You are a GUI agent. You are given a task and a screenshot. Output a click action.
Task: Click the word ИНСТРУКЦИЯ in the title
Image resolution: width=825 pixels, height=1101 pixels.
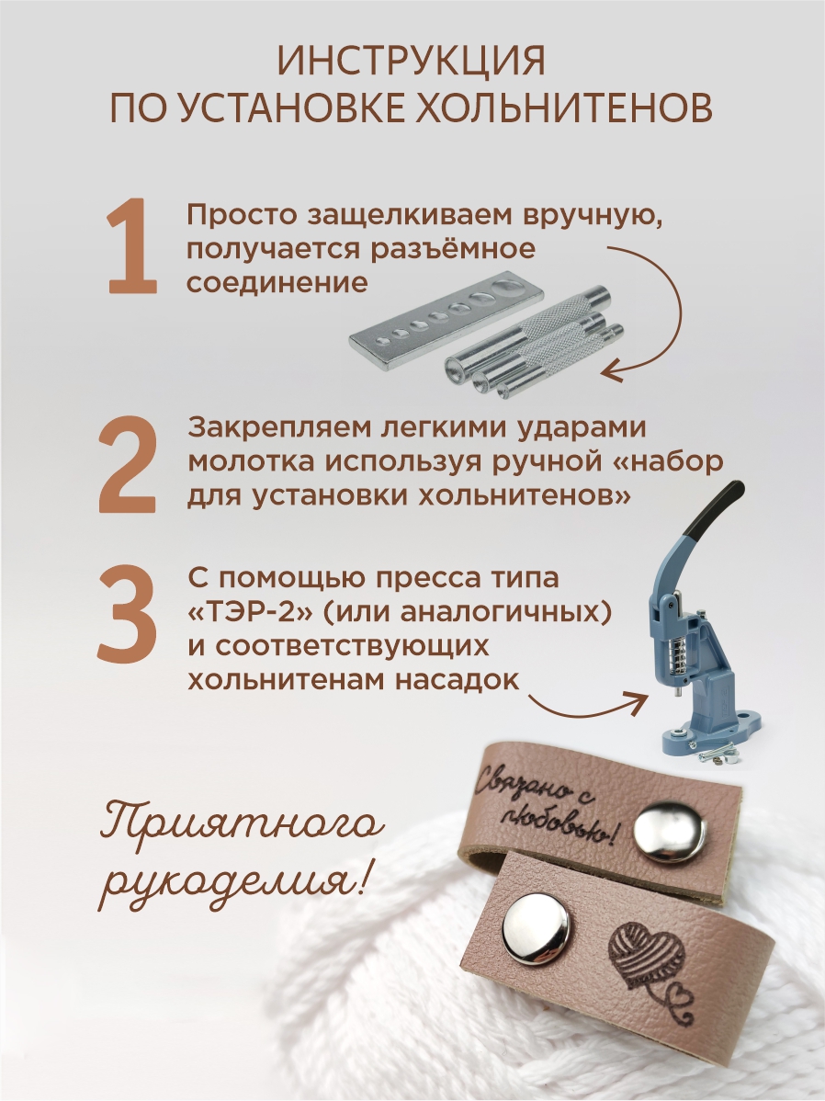pos(412,61)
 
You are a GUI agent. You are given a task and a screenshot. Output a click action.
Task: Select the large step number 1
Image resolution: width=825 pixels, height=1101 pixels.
pos(132,245)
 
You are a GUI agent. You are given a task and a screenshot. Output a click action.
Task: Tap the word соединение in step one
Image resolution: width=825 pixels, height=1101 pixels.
pos(277,283)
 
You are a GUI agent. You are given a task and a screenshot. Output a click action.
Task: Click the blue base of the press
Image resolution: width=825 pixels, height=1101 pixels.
pos(709,731)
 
